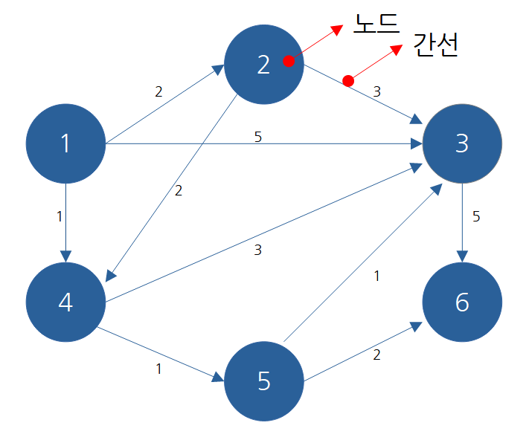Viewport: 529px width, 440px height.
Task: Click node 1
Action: pyautogui.click(x=65, y=143)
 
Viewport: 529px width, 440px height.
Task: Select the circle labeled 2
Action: pyautogui.click(x=263, y=65)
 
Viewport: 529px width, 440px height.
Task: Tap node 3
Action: pyautogui.click(x=462, y=143)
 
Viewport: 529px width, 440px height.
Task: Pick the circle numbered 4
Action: pyautogui.click(x=65, y=302)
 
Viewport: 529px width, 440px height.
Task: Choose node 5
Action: pyautogui.click(x=263, y=381)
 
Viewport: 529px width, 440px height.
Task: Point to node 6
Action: pyautogui.click(x=462, y=302)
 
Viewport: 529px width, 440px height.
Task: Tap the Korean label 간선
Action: pyautogui.click(x=435, y=45)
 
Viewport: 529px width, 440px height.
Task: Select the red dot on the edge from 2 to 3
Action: pyautogui.click(x=347, y=80)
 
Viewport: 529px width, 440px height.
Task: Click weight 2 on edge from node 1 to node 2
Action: pyautogui.click(x=158, y=91)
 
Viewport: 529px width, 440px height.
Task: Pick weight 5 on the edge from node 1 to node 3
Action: pyautogui.click(x=258, y=137)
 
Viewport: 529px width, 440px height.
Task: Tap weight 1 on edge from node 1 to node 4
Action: pyautogui.click(x=59, y=217)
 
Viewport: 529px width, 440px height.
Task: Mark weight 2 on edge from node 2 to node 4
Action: pyautogui.click(x=178, y=191)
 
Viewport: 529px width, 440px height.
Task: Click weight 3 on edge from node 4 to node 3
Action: pyautogui.click(x=257, y=250)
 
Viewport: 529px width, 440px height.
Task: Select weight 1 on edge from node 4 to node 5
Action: pyautogui.click(x=158, y=369)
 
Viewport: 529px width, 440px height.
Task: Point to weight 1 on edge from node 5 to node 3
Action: pyautogui.click(x=376, y=276)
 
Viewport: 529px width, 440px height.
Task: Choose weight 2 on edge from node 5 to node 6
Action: pyautogui.click(x=376, y=355)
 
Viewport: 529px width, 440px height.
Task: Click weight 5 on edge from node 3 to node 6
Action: pyautogui.click(x=476, y=217)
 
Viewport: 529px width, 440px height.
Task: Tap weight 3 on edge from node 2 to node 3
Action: pyautogui.click(x=376, y=92)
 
